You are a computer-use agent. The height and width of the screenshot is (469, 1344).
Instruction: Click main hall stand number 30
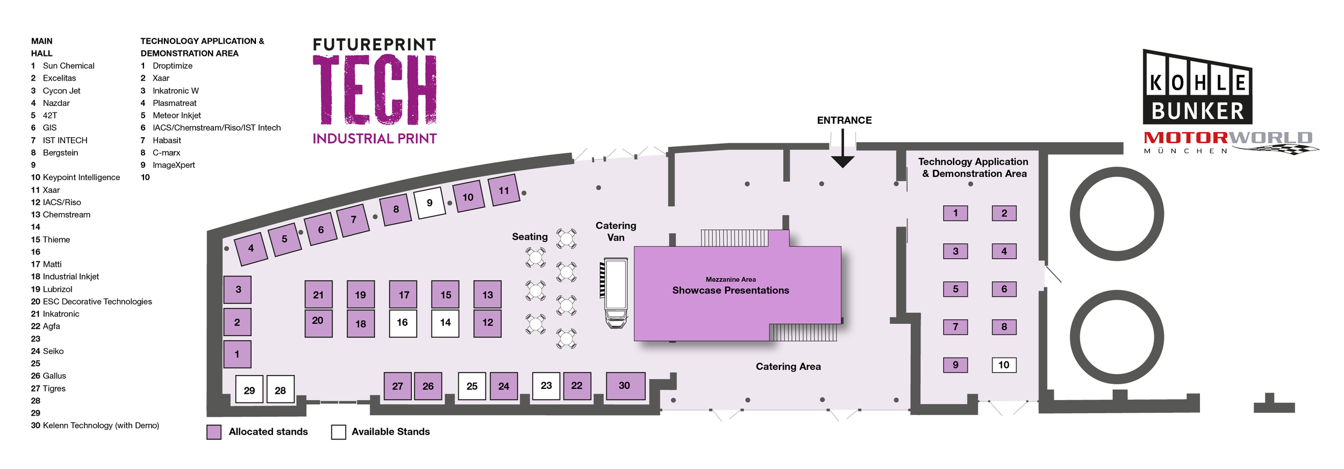[625, 386]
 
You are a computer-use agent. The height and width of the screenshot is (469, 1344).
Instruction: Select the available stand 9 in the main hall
[430, 203]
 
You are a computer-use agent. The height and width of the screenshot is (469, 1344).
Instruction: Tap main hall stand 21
[318, 294]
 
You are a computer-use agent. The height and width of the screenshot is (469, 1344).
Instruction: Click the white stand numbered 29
[249, 390]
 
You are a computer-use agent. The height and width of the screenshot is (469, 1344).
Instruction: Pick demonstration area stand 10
[1004, 365]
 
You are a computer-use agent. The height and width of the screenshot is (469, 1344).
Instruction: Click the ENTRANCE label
[844, 120]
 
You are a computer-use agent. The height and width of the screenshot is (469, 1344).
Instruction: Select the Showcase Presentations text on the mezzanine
[731, 290]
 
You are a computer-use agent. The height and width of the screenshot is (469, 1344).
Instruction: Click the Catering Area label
[788, 367]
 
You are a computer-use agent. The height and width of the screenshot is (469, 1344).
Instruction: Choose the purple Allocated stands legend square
[214, 432]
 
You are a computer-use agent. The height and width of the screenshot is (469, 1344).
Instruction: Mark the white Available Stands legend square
[339, 432]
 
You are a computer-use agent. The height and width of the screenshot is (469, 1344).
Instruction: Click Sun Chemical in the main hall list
[68, 66]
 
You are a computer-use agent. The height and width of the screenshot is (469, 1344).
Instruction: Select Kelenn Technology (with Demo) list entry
[101, 425]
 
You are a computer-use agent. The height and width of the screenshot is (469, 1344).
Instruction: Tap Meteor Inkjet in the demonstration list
[176, 115]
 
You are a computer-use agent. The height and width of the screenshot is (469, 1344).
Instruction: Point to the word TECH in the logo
[375, 90]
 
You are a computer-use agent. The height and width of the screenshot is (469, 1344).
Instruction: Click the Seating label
[530, 237]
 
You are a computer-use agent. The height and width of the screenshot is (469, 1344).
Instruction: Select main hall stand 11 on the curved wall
[504, 190]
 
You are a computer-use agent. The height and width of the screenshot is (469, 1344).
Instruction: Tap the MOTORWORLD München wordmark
[1228, 141]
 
